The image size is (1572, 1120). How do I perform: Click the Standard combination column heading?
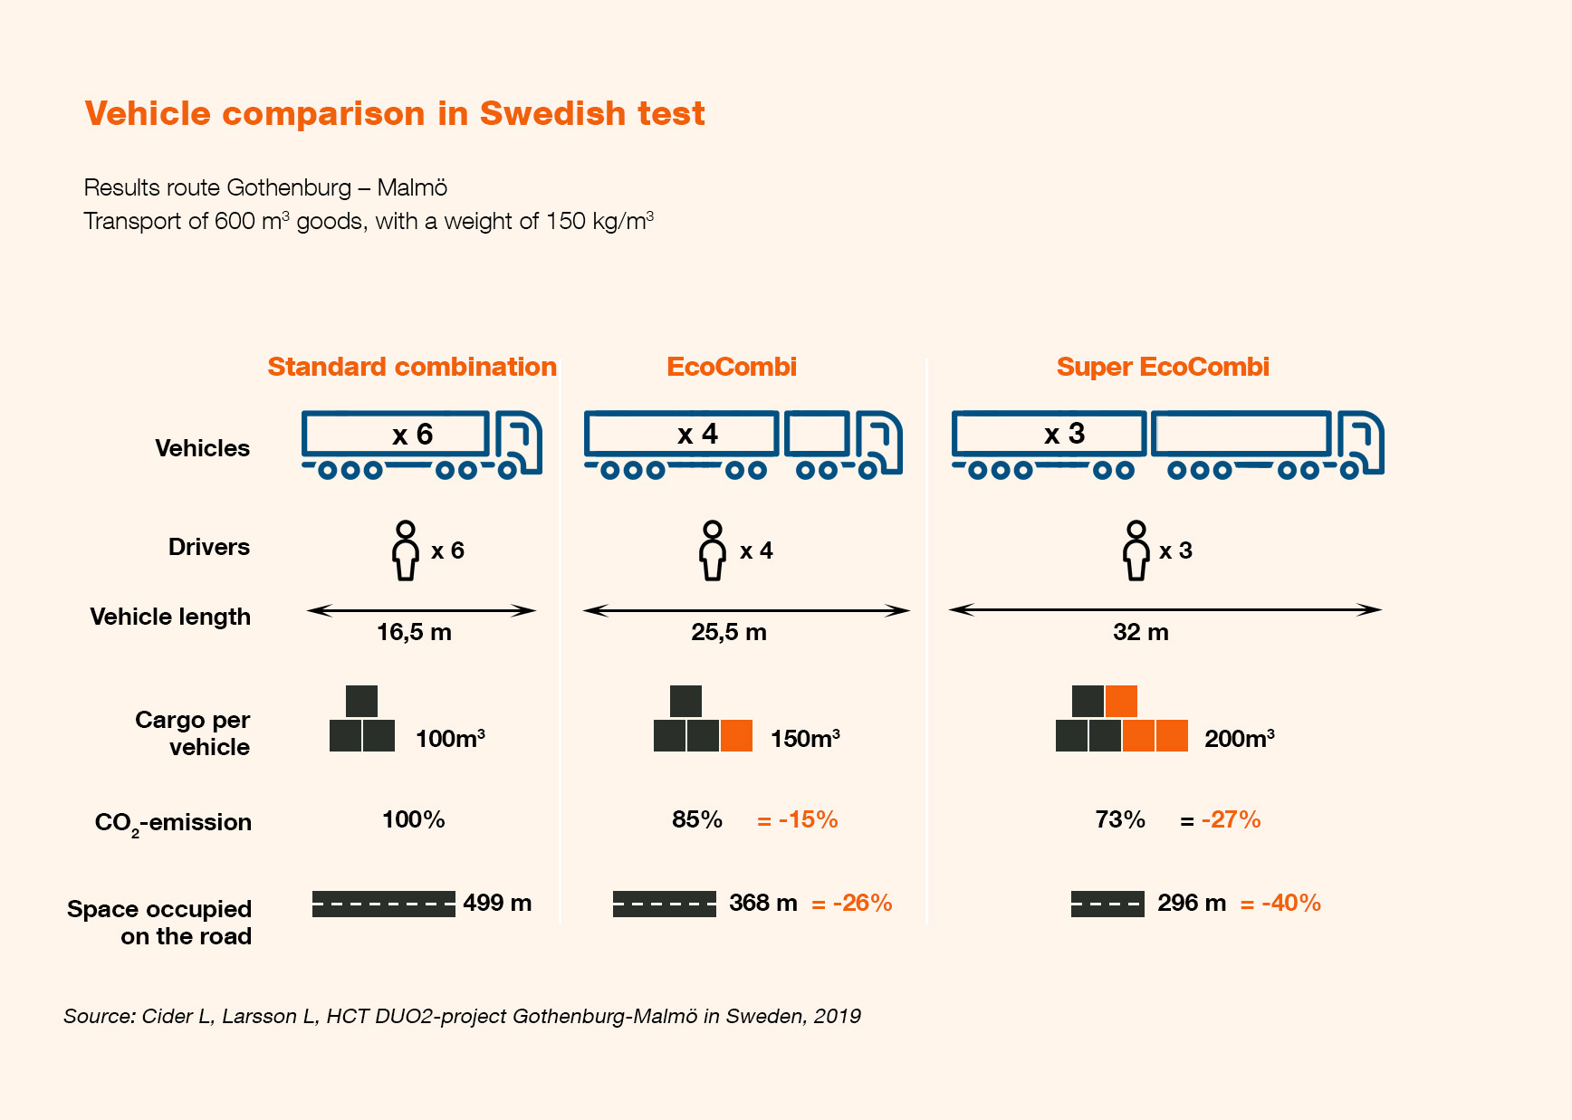(412, 367)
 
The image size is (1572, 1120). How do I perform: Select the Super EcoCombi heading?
(1163, 367)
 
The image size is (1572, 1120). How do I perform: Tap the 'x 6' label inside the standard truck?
(413, 435)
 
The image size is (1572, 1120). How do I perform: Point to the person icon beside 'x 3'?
(1136, 550)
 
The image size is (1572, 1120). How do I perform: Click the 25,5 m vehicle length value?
(729, 632)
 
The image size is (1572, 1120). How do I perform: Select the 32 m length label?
(1140, 632)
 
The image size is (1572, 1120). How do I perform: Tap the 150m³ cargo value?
(805, 739)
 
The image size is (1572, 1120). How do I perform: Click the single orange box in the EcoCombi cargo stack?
(736, 735)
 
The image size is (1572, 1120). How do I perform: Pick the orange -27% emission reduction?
(1231, 819)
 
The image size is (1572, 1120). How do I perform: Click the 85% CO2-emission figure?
(696, 819)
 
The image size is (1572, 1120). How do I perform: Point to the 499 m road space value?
(497, 903)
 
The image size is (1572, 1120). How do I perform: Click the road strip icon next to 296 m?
(1107, 904)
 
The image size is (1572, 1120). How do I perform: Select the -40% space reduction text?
(1290, 903)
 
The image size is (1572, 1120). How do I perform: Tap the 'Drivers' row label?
(208, 547)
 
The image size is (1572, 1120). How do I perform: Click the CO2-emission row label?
(173, 822)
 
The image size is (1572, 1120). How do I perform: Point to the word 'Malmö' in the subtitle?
(412, 187)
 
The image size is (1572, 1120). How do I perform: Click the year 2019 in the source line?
(837, 1016)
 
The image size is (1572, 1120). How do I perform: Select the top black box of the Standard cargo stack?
(361, 701)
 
